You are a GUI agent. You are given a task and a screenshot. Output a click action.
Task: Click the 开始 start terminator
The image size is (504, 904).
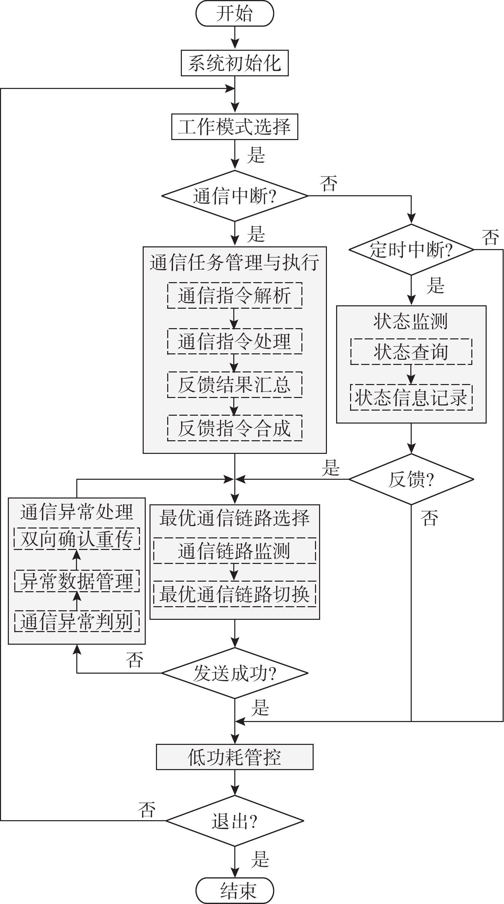[234, 14]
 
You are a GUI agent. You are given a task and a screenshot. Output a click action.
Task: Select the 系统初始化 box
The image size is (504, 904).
[234, 63]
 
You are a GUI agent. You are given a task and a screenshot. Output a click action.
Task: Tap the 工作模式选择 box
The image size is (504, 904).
[234, 127]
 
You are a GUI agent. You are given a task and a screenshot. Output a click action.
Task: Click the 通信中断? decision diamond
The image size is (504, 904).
[234, 196]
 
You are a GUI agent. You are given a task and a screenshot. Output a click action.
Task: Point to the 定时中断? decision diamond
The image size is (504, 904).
[411, 249]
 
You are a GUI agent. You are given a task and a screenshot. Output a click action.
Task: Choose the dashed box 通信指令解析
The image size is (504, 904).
[234, 295]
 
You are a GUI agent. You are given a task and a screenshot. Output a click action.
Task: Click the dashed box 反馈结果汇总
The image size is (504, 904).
[234, 385]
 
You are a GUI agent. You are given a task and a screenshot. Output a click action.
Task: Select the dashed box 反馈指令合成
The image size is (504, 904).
[234, 428]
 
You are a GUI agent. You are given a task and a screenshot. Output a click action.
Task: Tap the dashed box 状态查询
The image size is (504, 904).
[411, 352]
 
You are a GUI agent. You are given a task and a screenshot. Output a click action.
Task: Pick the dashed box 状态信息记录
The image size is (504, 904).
[411, 397]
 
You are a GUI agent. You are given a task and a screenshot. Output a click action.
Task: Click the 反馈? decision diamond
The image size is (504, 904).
[411, 479]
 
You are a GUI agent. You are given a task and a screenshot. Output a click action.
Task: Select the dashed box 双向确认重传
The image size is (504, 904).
[77, 539]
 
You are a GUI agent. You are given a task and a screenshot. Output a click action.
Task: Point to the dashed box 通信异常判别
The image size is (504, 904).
[77, 621]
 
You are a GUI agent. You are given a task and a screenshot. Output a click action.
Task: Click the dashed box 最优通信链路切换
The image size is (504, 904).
[234, 594]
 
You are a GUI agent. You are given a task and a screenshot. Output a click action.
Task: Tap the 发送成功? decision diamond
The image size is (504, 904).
[234, 673]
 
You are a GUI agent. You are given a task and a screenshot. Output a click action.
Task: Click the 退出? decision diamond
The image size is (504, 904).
[234, 821]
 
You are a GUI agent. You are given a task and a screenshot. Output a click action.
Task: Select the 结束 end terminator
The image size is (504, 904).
[234, 890]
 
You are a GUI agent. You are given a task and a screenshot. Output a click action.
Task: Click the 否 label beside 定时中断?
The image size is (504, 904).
[490, 238]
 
